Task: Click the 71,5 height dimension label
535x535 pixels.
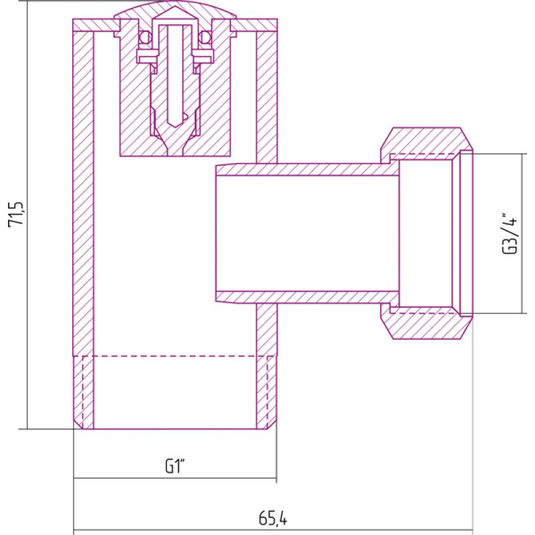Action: pos(15,213)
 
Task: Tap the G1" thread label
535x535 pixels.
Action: pos(175,466)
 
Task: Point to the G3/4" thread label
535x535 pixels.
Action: pos(510,233)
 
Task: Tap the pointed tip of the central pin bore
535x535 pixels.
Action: pos(175,127)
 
